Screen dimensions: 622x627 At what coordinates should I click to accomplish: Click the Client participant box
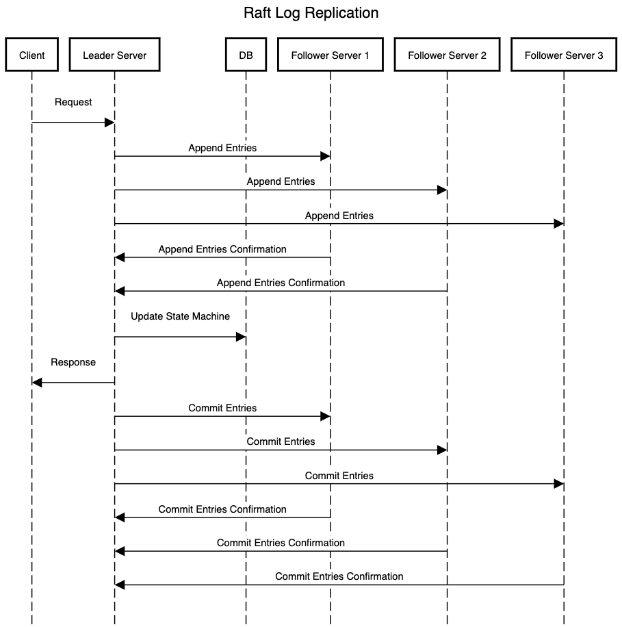tap(32, 55)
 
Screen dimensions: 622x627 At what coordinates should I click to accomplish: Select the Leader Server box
tap(115, 55)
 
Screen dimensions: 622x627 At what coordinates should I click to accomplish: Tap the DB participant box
tap(246, 55)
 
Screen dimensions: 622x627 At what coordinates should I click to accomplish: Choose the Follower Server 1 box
tap(331, 55)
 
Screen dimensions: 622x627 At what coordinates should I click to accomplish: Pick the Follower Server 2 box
tap(447, 55)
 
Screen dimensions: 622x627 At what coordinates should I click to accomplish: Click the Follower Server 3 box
tap(564, 55)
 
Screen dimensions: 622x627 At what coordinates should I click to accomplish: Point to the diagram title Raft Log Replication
tap(311, 13)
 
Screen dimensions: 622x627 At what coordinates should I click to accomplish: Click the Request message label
tap(73, 103)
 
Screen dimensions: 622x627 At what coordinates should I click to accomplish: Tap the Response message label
tap(73, 362)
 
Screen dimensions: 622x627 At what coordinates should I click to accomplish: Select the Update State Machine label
tap(180, 316)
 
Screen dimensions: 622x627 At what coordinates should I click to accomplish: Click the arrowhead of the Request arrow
tap(109, 123)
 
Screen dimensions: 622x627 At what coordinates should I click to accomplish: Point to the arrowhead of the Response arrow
tap(37, 383)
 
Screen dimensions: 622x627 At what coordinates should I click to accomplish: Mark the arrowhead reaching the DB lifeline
tap(241, 337)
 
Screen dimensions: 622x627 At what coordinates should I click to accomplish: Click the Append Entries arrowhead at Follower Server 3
tap(559, 224)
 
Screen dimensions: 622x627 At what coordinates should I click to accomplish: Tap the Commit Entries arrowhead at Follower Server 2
tap(442, 450)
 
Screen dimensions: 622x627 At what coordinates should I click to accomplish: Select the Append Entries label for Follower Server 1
tap(222, 148)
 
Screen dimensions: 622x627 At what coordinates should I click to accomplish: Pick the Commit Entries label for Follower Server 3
tap(339, 476)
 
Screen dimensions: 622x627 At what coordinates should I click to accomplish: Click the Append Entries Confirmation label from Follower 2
tap(281, 283)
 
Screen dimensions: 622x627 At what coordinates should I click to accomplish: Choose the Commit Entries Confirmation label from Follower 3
tap(339, 576)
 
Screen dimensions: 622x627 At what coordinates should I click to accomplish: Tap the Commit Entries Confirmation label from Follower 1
tap(222, 509)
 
